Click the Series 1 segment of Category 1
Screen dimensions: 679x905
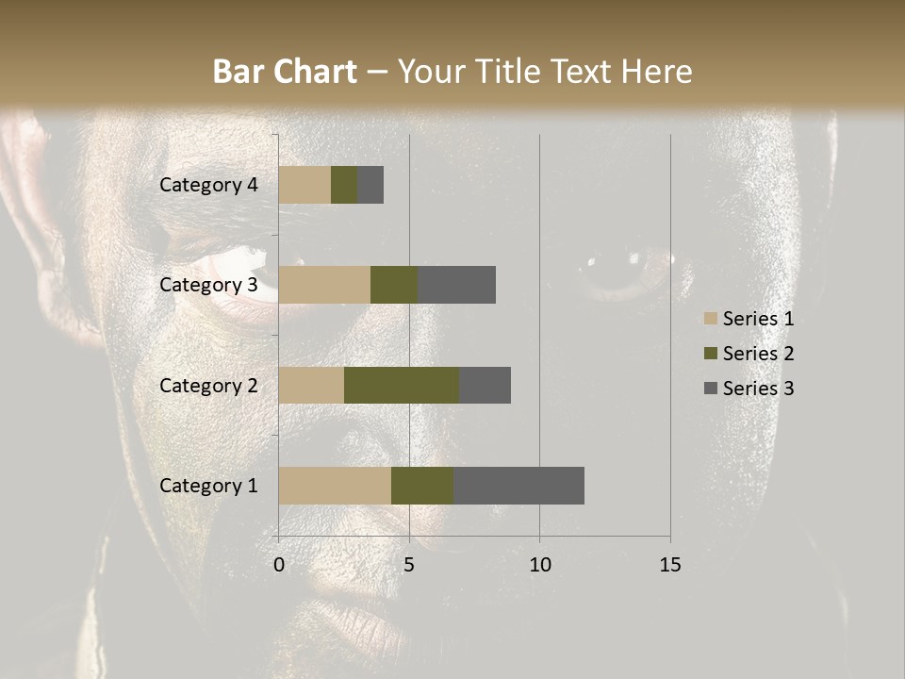[x=335, y=485]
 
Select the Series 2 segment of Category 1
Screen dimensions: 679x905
[x=422, y=485]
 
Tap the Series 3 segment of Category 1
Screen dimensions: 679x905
[x=518, y=485]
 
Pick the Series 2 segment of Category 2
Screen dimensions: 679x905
[x=402, y=385]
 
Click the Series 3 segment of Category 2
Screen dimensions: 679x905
[x=485, y=385]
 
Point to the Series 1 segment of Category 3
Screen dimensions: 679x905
[x=324, y=285]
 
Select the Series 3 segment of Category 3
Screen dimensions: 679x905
[x=456, y=285]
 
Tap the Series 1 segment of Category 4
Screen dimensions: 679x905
[x=304, y=185]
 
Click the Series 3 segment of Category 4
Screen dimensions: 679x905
[x=370, y=185]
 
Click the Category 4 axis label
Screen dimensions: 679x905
[x=208, y=185]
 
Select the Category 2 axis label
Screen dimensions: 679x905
[x=208, y=385]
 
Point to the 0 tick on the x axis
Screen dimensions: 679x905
[x=279, y=565]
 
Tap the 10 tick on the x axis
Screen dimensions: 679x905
[x=539, y=565]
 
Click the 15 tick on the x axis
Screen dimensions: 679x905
[x=669, y=565]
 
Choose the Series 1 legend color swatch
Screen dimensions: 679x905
[x=710, y=319]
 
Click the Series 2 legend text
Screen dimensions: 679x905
[x=758, y=354]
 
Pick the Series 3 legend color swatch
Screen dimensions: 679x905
[x=710, y=389]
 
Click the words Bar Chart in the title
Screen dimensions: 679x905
[x=285, y=72]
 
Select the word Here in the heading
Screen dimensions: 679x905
[x=657, y=72]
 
